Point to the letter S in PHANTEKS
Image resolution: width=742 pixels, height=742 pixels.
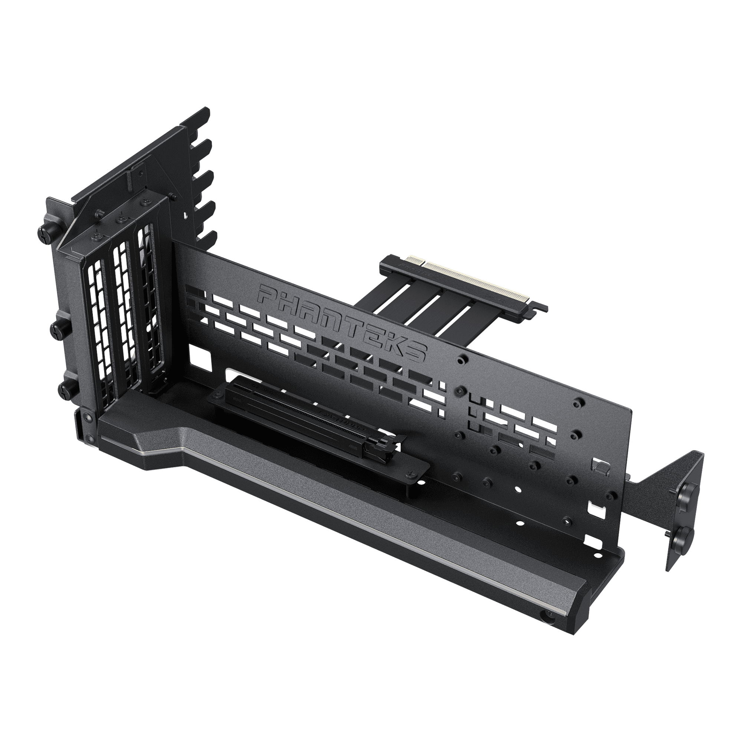coord(414,352)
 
